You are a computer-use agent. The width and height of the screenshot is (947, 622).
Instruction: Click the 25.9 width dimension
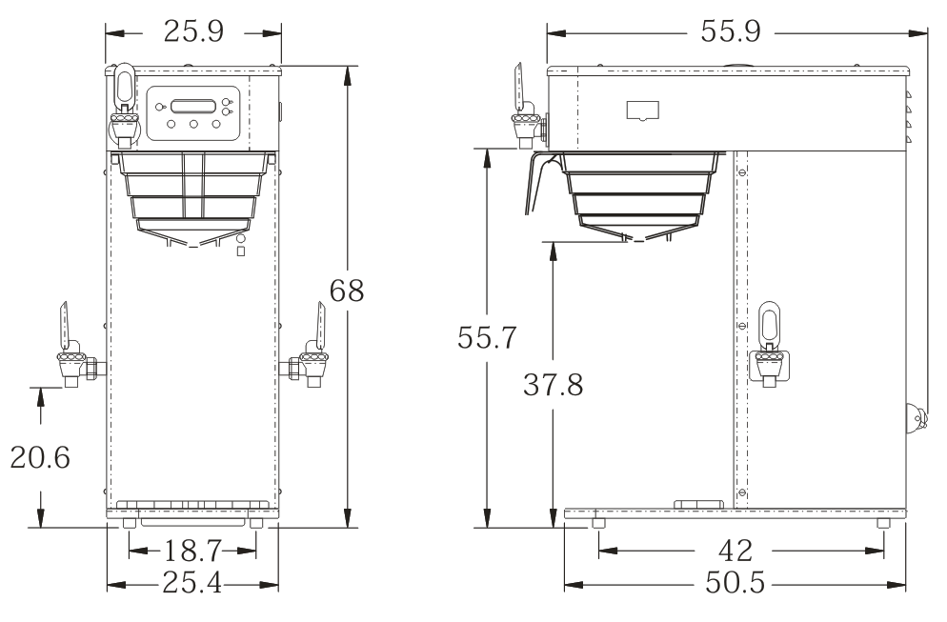[x=193, y=31]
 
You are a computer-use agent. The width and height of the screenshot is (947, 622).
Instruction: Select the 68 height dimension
[x=347, y=291]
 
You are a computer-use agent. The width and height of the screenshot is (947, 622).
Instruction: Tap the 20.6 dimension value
[x=40, y=458]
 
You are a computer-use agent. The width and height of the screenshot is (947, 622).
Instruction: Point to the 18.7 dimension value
[x=192, y=551]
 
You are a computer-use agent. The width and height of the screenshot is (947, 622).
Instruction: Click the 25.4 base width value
[x=192, y=584]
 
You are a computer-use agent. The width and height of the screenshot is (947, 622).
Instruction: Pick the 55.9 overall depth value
[x=731, y=31]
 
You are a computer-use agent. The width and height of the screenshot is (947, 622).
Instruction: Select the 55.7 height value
[x=487, y=337]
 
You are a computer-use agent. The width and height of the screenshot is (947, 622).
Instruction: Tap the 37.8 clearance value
[x=554, y=385]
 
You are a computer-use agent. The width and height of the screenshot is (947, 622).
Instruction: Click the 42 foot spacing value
[x=735, y=551]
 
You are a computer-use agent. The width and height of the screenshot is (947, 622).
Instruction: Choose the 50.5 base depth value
[x=735, y=584]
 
